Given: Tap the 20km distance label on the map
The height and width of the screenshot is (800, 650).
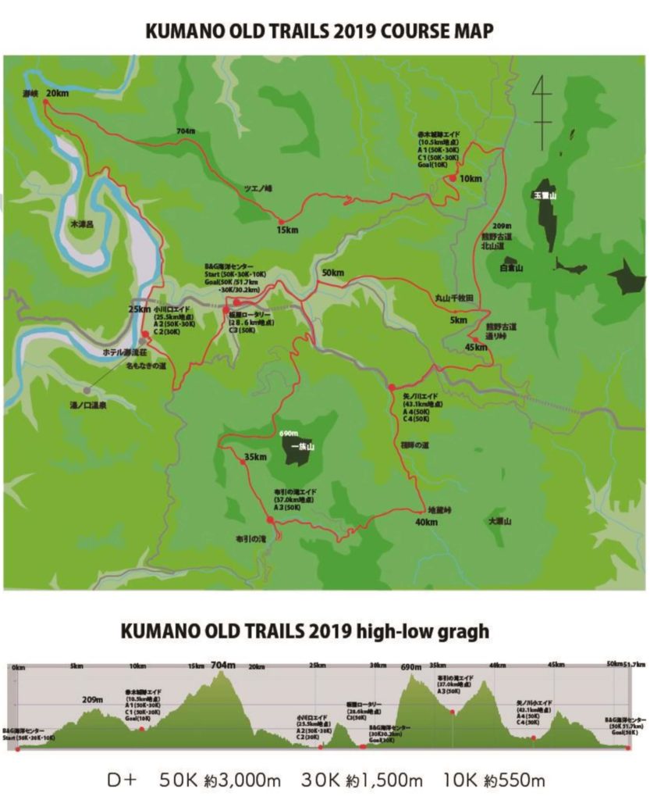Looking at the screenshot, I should [x=57, y=94].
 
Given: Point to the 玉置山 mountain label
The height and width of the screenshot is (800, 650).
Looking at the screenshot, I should [x=544, y=193].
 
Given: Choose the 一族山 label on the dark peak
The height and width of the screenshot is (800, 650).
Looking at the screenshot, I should [x=301, y=447].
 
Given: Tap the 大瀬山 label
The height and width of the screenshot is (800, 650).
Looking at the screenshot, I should [x=499, y=521].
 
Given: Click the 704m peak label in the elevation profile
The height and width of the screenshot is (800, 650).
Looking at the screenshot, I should [x=222, y=665].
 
